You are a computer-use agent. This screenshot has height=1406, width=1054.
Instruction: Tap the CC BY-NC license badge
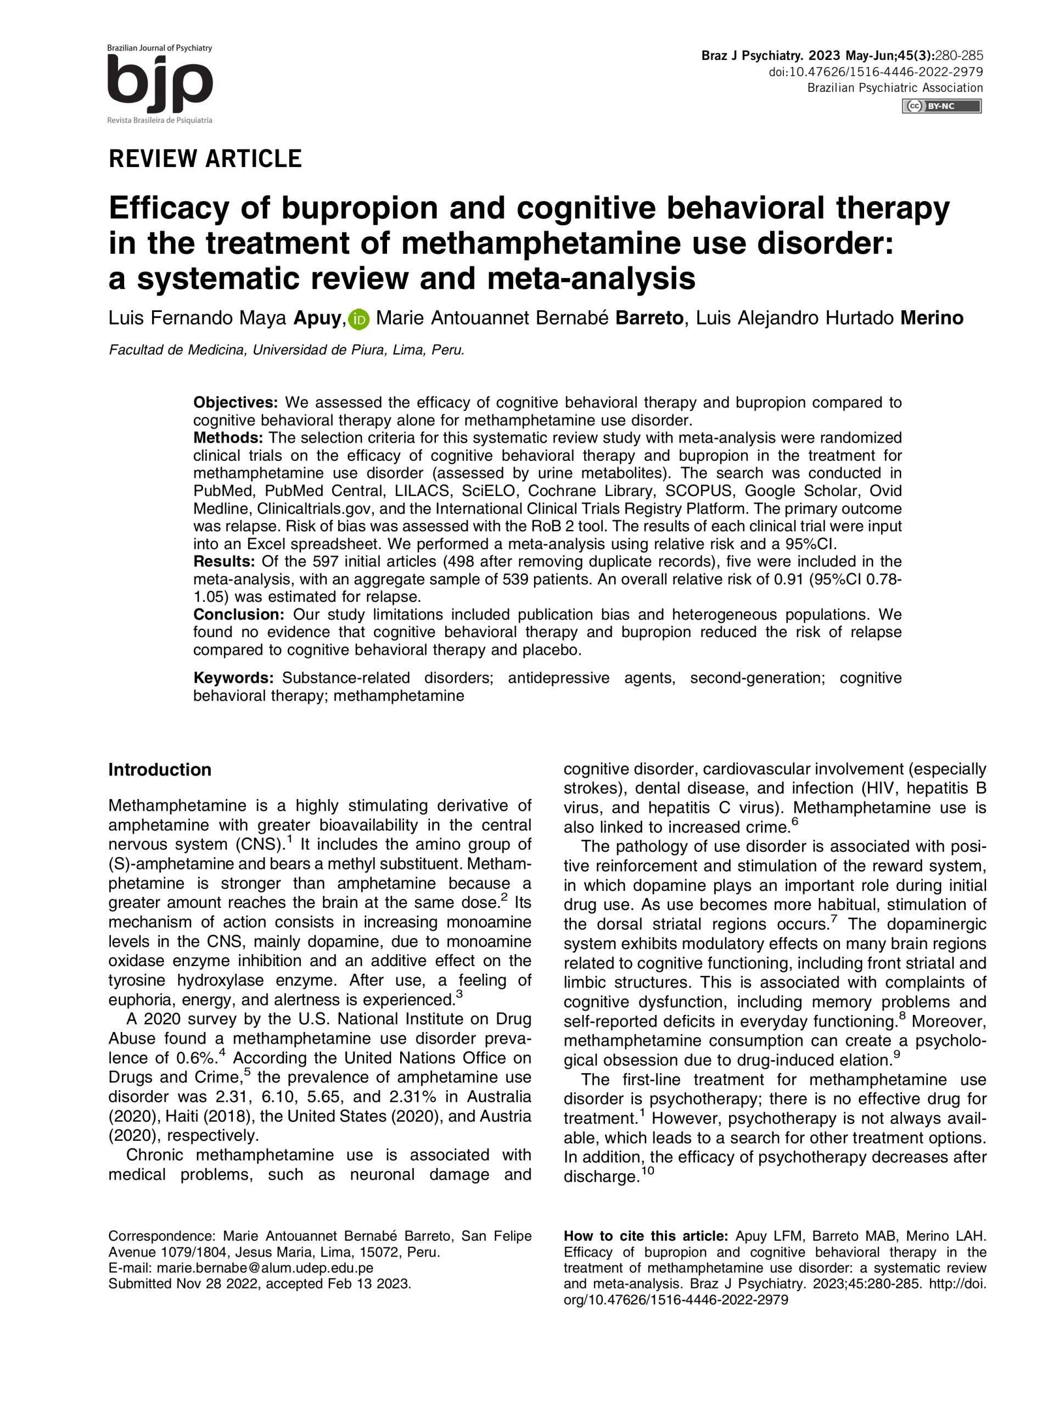(941, 106)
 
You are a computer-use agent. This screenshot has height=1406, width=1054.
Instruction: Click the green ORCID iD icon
(359, 319)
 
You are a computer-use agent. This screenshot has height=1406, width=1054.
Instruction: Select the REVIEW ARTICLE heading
(205, 158)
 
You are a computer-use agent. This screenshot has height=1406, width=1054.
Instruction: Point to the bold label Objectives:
(236, 403)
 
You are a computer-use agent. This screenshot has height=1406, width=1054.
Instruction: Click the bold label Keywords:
(234, 678)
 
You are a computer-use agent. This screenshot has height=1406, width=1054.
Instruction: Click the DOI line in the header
(876, 72)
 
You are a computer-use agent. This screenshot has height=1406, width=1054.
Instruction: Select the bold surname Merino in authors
(932, 318)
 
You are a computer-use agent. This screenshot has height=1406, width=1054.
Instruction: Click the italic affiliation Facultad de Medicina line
(286, 350)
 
